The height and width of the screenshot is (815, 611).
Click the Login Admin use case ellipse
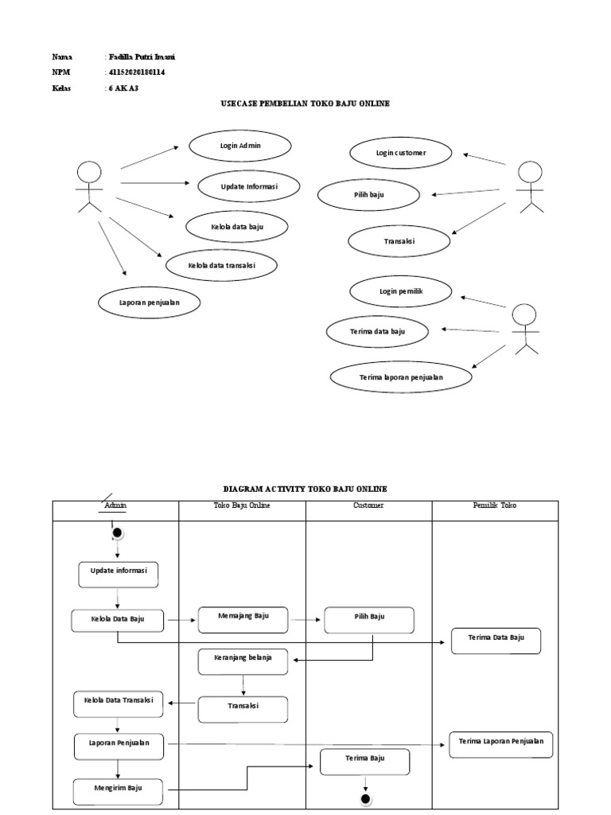click(x=240, y=146)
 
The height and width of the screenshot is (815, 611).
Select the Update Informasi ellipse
click(x=249, y=186)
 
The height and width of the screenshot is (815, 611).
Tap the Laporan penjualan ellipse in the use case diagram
click(x=149, y=302)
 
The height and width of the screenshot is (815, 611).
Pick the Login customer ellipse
click(x=401, y=152)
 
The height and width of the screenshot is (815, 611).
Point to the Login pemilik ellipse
click(x=401, y=292)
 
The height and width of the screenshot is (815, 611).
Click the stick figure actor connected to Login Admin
click(x=89, y=187)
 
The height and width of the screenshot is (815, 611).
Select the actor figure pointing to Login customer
click(x=530, y=187)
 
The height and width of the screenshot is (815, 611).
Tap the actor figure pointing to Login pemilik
click(x=524, y=329)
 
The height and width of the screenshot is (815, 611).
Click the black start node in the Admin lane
click(x=118, y=532)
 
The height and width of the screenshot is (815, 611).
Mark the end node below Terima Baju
click(x=365, y=798)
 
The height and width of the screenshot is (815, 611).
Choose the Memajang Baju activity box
click(x=243, y=618)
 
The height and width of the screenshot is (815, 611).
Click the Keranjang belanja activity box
click(x=243, y=661)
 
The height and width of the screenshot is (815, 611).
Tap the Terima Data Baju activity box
click(x=496, y=640)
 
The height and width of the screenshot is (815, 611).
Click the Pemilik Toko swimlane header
click(x=495, y=505)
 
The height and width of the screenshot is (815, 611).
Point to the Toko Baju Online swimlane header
click(x=242, y=505)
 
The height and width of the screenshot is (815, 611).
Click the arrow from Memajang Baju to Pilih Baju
click(x=306, y=618)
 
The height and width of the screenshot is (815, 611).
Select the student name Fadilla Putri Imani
click(x=142, y=57)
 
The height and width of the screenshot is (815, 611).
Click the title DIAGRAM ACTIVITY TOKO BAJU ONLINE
click(x=305, y=488)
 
